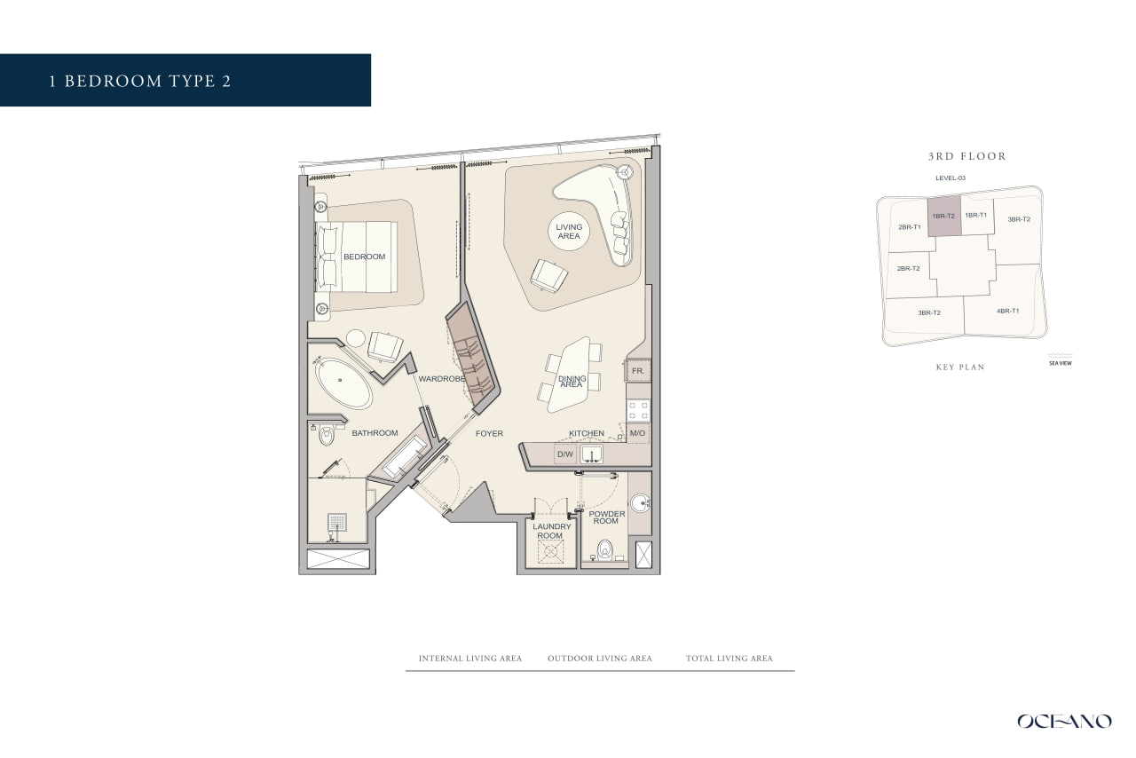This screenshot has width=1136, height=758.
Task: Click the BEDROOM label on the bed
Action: [364, 257]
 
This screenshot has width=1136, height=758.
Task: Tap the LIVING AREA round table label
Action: [569, 232]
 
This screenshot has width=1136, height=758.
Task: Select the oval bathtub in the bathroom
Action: [343, 383]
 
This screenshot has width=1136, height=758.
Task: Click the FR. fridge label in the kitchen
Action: [638, 371]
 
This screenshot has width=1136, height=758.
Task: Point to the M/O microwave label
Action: [637, 433]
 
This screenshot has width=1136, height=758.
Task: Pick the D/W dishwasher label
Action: [565, 454]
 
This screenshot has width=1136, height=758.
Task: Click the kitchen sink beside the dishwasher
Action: [591, 454]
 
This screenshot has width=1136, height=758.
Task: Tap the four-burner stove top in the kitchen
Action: [638, 410]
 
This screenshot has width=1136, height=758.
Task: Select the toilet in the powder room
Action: [604, 549]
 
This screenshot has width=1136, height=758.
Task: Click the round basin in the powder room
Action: [641, 504]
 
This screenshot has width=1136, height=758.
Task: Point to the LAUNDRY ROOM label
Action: [551, 531]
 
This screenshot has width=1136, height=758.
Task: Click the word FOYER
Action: [489, 433]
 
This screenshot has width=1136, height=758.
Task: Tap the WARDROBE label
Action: [442, 378]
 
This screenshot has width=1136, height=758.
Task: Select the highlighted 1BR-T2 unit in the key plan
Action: [943, 217]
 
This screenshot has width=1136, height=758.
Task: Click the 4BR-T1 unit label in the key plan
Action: [1007, 311]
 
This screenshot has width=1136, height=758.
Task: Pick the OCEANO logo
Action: [1064, 721]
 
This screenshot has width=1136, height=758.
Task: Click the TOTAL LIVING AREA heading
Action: [729, 658]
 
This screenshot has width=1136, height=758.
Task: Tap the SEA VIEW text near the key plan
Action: [1060, 363]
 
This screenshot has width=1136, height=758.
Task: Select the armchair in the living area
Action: [548, 275]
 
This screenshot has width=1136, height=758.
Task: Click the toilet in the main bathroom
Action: [327, 435]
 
